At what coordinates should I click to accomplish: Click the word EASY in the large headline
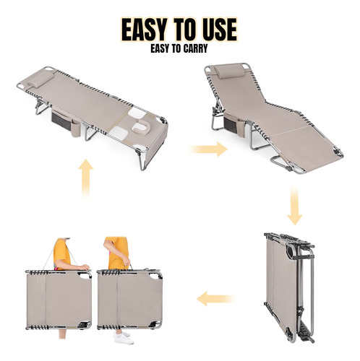point(145,30)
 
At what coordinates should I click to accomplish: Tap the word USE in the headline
point(217,30)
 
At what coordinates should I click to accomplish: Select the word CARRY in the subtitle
point(195,48)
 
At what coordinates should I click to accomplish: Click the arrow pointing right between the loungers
point(208,149)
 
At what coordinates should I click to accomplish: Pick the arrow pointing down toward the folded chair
point(294,205)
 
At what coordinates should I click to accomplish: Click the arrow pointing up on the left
point(86,178)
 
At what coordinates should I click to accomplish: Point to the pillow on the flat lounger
point(40,79)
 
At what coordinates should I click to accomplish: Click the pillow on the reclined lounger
point(228,71)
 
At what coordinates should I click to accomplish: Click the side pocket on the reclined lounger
point(233,123)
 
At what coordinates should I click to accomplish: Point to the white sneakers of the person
point(124,338)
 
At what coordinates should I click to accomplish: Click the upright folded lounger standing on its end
point(290,287)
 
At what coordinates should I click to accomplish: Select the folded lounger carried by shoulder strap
point(59,300)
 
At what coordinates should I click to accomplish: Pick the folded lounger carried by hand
point(129,300)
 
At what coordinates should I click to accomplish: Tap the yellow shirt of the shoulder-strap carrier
point(61,253)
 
